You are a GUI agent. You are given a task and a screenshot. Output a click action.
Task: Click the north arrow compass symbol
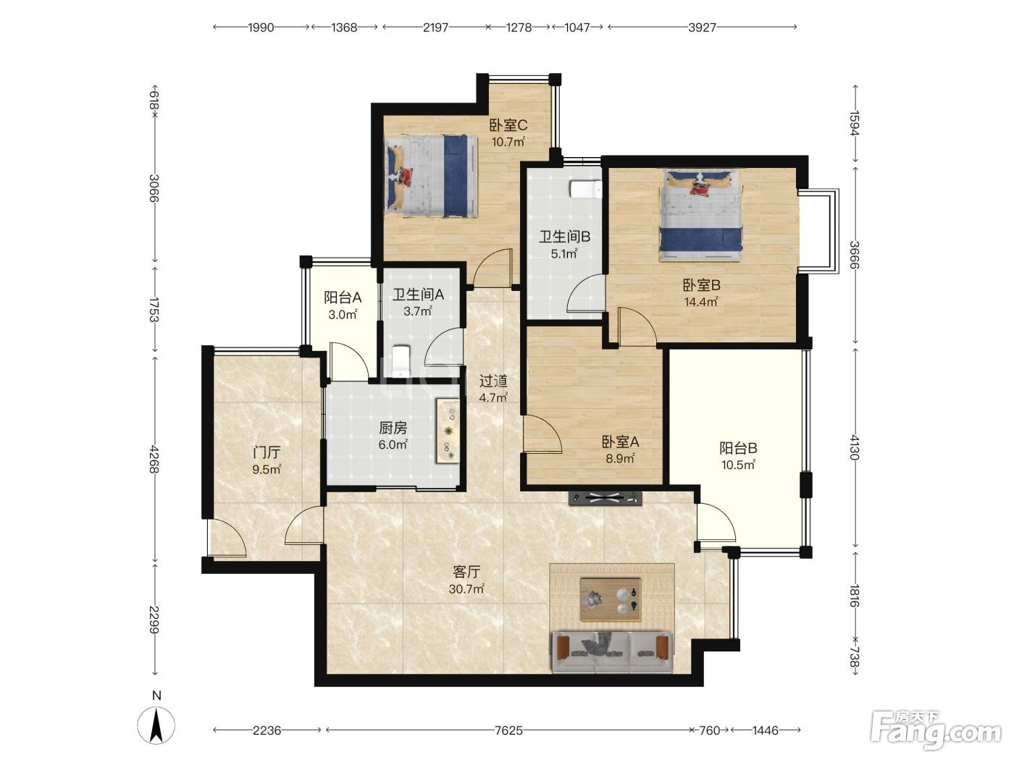[156, 724]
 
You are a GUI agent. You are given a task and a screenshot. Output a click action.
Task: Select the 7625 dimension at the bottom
[508, 730]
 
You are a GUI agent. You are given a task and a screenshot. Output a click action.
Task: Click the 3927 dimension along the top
[702, 28]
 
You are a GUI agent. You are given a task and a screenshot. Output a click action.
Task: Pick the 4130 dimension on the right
[855, 447]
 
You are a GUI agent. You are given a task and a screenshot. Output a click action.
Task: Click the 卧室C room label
[508, 125]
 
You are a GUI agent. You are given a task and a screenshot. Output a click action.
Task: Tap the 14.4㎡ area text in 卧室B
[701, 302]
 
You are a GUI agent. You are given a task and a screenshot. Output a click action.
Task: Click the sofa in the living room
[613, 651]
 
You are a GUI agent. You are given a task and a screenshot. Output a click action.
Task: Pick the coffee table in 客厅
[611, 600]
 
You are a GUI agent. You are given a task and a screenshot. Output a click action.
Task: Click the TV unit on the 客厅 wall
[606, 498]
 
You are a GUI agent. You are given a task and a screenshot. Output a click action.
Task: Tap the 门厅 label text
[267, 452]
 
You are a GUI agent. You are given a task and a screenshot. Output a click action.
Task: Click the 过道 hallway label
[493, 381]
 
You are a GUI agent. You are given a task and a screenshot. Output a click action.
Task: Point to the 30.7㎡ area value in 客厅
[466, 588]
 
